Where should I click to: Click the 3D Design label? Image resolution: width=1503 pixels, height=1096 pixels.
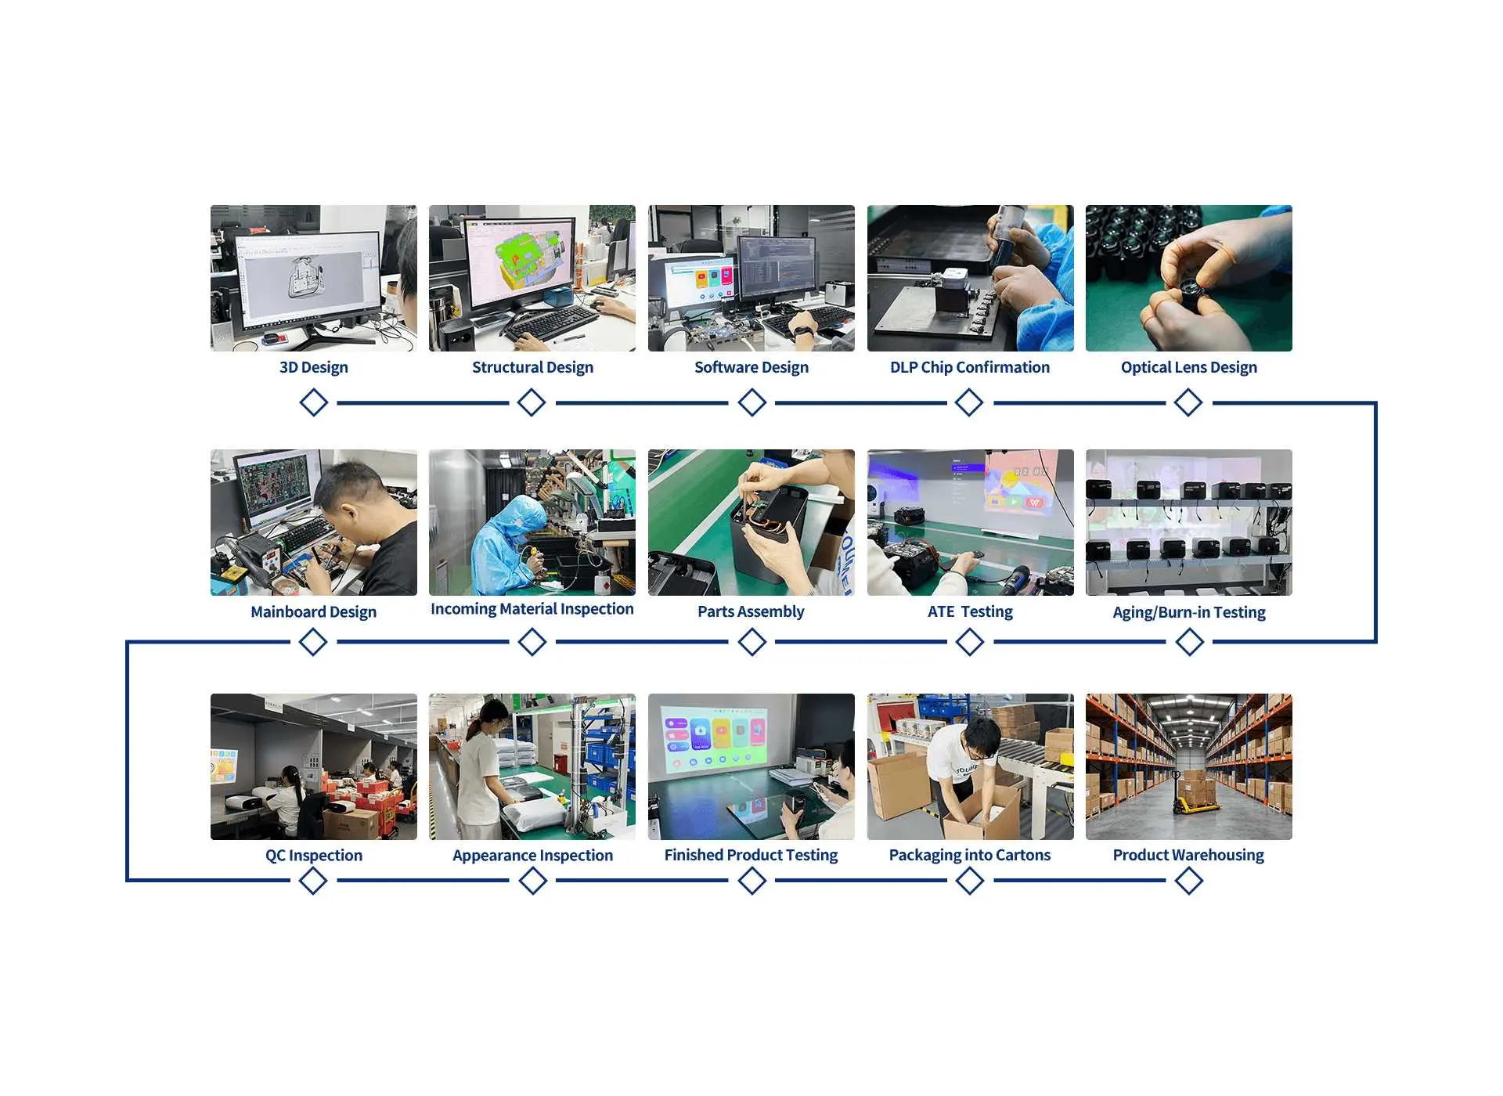(x=313, y=367)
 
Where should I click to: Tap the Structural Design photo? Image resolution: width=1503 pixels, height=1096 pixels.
(x=532, y=278)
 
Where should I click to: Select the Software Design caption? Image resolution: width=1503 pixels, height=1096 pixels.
(x=751, y=367)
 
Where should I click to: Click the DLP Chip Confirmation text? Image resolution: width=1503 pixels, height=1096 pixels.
(x=969, y=367)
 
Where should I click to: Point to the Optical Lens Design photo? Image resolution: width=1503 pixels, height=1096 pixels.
(x=1188, y=278)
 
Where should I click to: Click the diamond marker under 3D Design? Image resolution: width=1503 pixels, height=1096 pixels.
(x=313, y=403)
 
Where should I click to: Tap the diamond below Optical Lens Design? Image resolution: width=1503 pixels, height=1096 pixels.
(x=1188, y=403)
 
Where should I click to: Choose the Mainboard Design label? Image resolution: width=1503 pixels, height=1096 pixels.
(x=313, y=611)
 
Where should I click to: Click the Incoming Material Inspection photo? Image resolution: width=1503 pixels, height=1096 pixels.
(x=532, y=522)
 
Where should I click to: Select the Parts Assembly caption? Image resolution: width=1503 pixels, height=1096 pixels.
(x=751, y=611)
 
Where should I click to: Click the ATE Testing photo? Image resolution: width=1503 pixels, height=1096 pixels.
(x=970, y=522)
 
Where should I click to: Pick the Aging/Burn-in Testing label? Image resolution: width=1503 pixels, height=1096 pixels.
(x=1188, y=612)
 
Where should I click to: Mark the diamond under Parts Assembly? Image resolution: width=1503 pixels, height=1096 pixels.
(x=751, y=642)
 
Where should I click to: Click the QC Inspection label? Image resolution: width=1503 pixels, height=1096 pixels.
(x=313, y=856)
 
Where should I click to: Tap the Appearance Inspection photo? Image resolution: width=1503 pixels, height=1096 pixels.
(x=532, y=766)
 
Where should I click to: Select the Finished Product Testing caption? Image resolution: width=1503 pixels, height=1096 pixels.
(x=751, y=855)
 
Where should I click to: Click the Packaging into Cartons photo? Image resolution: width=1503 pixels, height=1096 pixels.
(x=970, y=766)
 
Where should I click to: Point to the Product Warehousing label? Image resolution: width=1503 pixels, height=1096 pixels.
(x=1188, y=855)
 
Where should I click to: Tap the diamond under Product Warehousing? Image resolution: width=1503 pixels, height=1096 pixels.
(x=1188, y=881)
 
